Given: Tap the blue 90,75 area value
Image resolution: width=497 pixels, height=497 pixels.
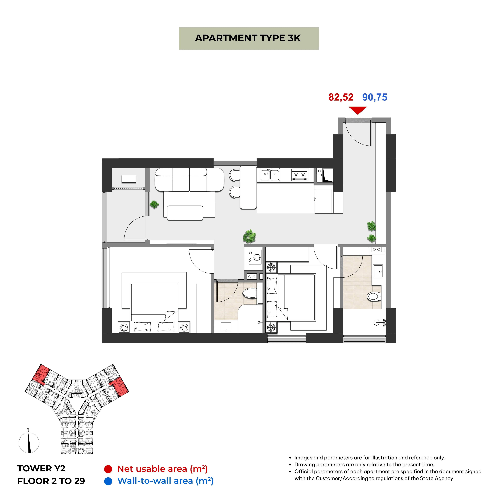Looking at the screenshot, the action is (375, 97).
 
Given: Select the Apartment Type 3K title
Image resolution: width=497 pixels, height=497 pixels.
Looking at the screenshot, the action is (248, 38).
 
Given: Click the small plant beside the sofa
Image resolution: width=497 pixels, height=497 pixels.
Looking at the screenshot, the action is (154, 204).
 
